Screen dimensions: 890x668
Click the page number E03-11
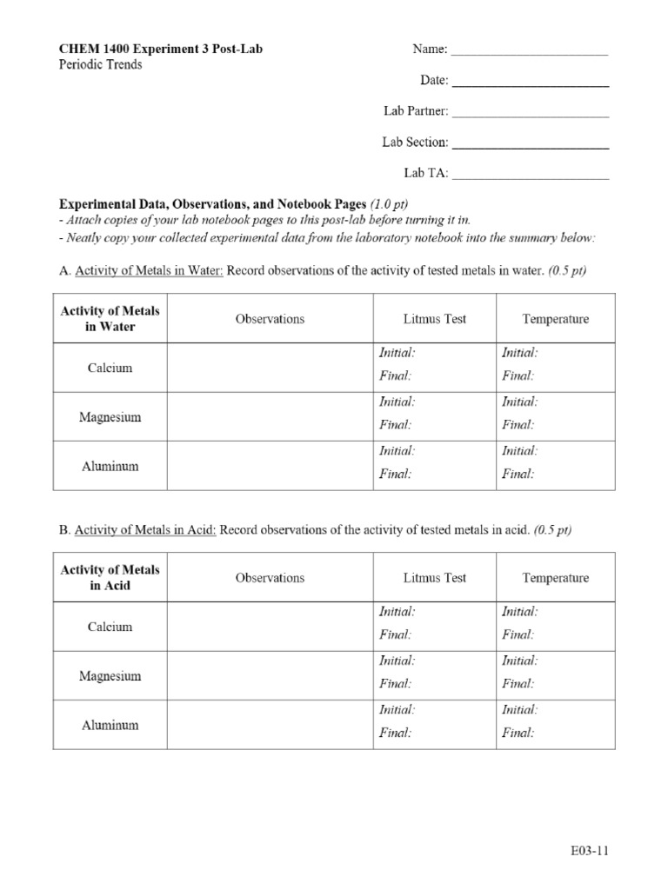coord(591,851)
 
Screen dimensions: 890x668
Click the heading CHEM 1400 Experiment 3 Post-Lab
coord(161,49)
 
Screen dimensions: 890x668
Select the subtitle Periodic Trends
coord(100,65)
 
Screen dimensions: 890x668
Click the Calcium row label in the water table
coord(110,368)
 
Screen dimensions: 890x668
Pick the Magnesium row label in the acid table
coord(110,675)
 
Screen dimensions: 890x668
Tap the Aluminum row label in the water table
coord(110,466)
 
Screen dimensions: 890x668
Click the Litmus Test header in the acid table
coord(434,578)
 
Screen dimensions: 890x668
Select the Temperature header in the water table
coord(555,319)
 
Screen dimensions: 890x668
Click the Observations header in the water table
coord(270,319)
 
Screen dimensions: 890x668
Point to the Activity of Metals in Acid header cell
coord(110,578)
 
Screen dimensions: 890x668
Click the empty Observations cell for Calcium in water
coord(270,368)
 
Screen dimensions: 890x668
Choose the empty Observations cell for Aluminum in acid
coord(270,724)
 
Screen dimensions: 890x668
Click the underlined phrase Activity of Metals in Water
coord(150,270)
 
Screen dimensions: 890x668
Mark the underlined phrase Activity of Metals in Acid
coord(145,529)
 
